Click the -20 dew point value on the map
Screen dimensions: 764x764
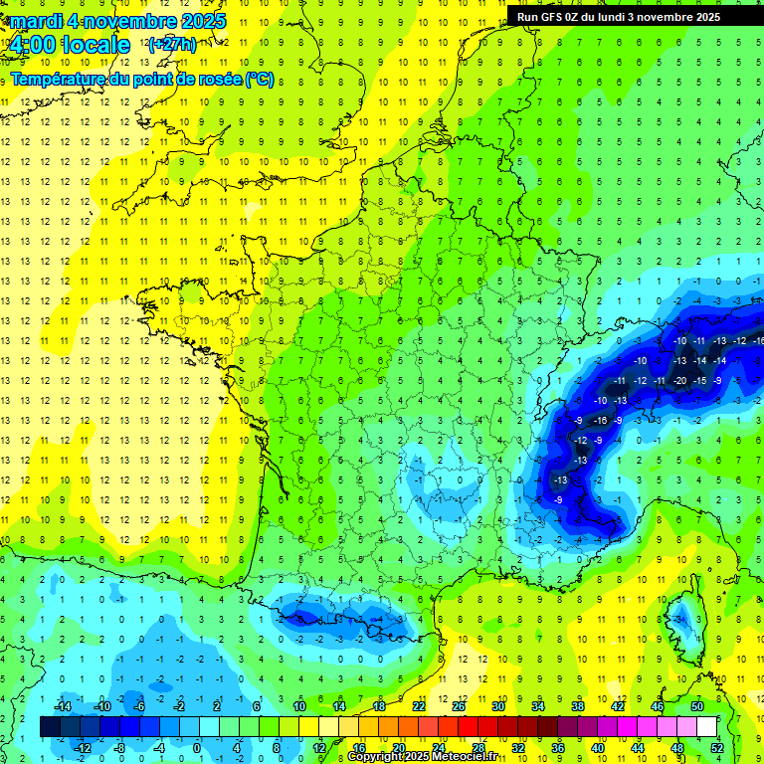point(680,381)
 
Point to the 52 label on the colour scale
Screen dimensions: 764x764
point(717,748)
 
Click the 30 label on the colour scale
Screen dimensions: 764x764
point(497,706)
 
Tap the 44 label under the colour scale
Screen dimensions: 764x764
point(638,748)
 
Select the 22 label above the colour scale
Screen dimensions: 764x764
point(419,706)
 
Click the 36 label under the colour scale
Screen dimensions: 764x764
point(558,748)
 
